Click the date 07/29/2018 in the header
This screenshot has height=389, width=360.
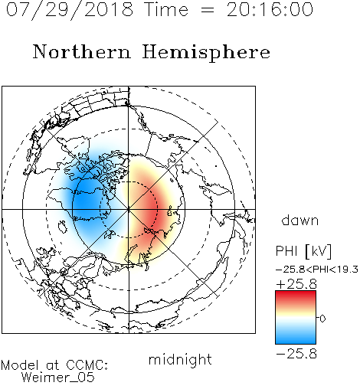70,10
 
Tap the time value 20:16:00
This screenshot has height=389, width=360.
270,10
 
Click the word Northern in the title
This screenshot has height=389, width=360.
82,52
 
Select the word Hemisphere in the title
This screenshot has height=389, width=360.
206,53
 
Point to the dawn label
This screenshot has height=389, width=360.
300,220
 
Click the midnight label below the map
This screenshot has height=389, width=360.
180,359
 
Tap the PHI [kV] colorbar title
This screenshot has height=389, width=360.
303,251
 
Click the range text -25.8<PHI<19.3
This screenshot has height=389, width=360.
317,270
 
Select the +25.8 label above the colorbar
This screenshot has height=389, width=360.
296,284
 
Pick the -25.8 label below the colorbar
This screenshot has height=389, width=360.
296,354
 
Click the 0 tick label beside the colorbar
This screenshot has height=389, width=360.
322,319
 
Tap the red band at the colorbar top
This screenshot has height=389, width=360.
296,296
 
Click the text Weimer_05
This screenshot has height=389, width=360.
58,377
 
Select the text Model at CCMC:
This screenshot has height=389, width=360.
54,365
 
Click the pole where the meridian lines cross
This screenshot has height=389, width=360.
129,209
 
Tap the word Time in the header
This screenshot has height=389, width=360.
166,10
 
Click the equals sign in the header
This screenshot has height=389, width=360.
208,11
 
